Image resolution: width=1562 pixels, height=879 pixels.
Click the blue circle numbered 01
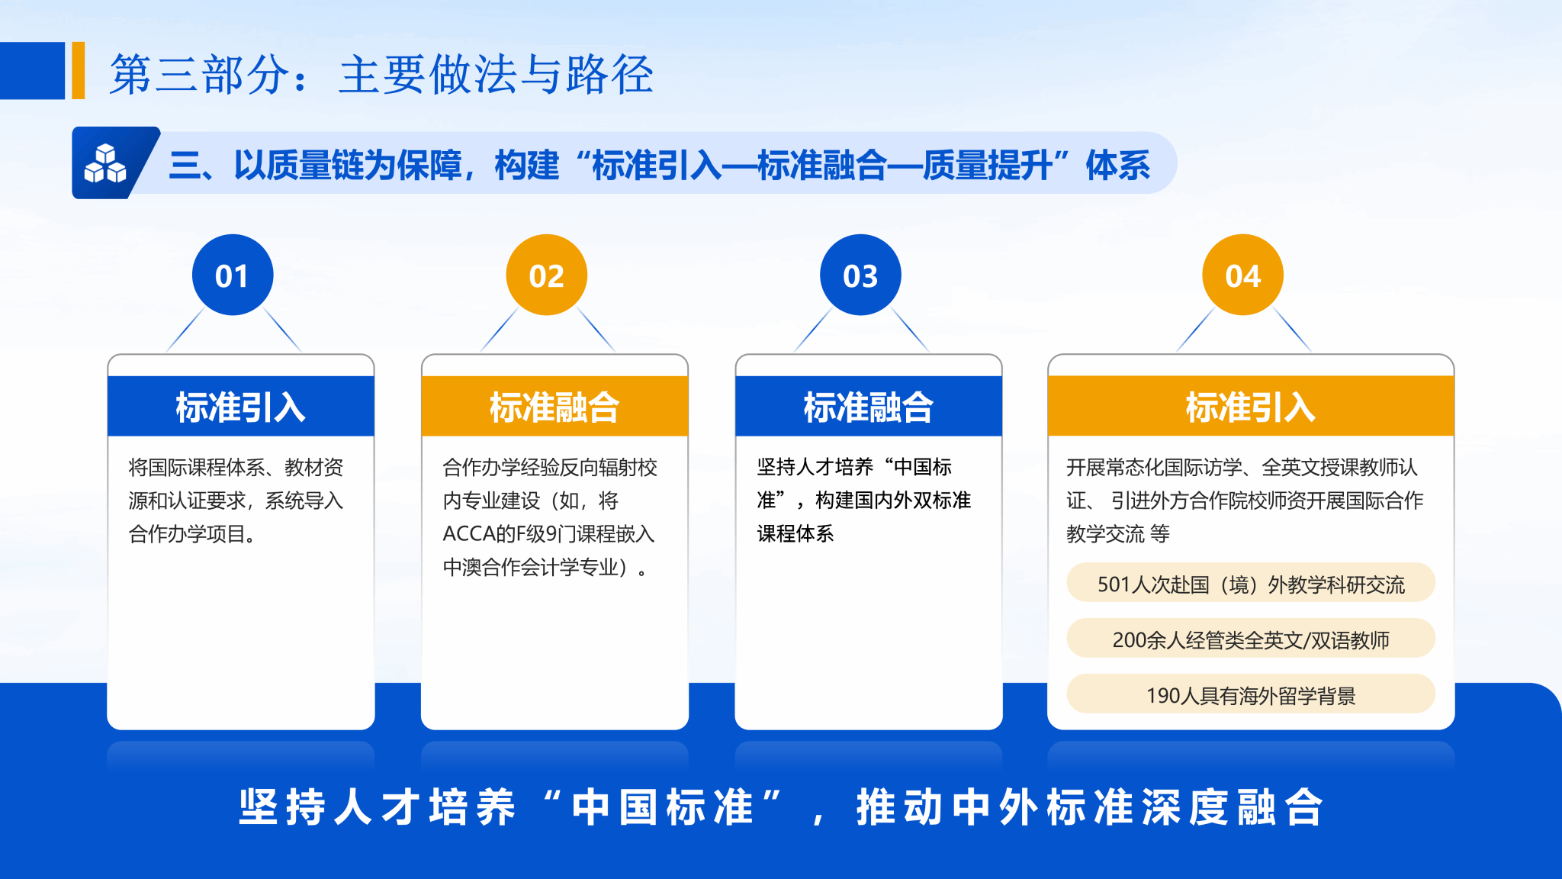(x=233, y=275)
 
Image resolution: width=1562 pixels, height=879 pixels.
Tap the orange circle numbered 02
(x=547, y=275)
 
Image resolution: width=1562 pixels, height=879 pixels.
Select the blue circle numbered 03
(x=860, y=275)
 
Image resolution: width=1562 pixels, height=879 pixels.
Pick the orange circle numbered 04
(x=1243, y=275)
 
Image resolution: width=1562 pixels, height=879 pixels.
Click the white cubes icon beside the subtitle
(x=105, y=163)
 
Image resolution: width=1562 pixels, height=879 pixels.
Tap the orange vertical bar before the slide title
(x=78, y=70)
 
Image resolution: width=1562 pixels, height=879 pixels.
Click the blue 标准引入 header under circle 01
(x=241, y=406)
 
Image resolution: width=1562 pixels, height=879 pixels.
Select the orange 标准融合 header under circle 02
(x=554, y=406)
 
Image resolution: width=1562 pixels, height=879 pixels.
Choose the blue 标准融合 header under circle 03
(x=869, y=406)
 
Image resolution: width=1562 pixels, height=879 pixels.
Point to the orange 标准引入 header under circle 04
(x=1251, y=406)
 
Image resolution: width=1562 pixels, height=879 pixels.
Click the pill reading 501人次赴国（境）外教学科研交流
(x=1251, y=583)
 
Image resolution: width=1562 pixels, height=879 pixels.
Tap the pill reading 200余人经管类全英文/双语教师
(x=1251, y=639)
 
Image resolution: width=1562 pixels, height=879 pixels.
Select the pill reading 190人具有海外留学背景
(x=1251, y=694)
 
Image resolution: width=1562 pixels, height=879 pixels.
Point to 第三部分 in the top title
(x=200, y=75)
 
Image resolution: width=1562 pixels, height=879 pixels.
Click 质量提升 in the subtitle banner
(x=988, y=165)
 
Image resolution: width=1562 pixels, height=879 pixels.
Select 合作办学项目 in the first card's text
(x=187, y=534)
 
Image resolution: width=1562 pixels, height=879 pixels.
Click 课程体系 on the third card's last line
(x=795, y=534)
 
